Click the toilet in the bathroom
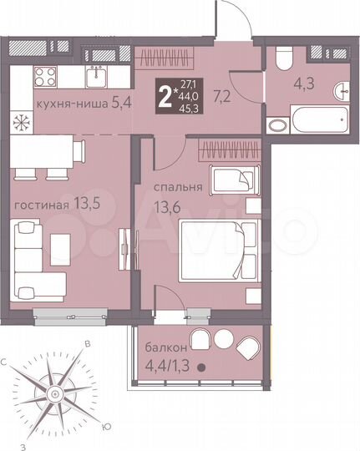pyautogui.click(x=282, y=59)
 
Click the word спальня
pyautogui.click(x=177, y=187)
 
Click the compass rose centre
pyautogui.click(x=53, y=393)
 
